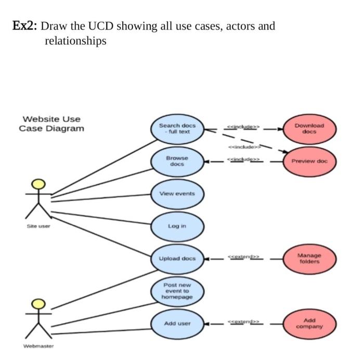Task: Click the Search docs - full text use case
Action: click(x=177, y=128)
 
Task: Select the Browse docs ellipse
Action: click(x=177, y=161)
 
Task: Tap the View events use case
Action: click(x=177, y=193)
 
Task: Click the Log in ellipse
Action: click(x=177, y=226)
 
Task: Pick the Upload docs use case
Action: click(x=177, y=258)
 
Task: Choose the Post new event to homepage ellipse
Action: click(x=177, y=291)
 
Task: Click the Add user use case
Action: click(x=177, y=323)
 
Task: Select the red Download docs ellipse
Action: click(x=309, y=128)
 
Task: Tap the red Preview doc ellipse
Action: click(x=309, y=161)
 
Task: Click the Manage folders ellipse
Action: click(x=309, y=258)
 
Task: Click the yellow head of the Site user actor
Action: click(x=37, y=184)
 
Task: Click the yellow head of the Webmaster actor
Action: click(x=37, y=303)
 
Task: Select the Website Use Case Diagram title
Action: click(x=51, y=124)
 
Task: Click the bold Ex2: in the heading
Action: click(x=24, y=26)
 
